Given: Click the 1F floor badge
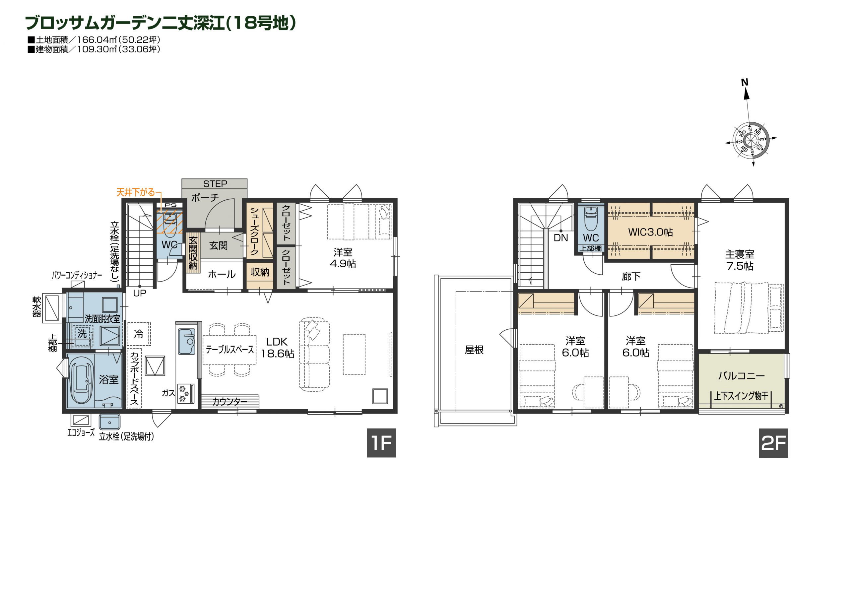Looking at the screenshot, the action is point(381,443).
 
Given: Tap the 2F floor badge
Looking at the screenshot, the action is point(773,443).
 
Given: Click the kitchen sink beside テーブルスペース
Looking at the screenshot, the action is point(186,341).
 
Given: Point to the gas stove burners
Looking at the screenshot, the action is point(185,394).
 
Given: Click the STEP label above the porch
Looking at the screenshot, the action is point(215,184).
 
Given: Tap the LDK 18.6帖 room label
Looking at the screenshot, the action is point(277,348).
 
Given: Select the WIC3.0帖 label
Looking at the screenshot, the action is point(650,232).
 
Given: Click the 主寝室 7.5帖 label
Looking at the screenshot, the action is point(740,260).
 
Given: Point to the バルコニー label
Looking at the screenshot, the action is point(742,376).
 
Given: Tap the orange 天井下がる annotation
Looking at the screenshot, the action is point(135,192).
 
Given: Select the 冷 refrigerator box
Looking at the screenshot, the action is point(139,334).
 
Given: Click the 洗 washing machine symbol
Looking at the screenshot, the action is point(82,334).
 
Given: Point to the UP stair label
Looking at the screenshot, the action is point(139,293).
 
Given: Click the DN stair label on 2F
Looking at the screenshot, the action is point(560,237).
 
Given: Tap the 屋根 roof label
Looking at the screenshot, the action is point(475,350).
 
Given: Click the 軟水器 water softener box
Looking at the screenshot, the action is point(52,308).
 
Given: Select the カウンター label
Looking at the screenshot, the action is point(229,402).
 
